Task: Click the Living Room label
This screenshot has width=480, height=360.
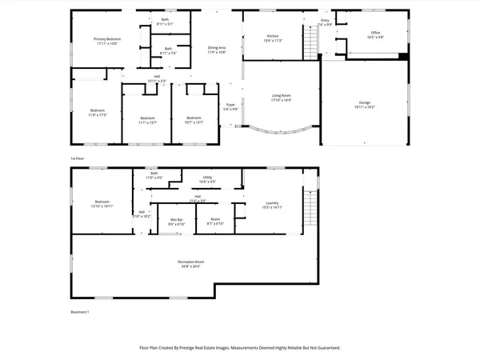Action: click(x=281, y=95)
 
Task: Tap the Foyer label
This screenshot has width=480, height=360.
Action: click(x=230, y=104)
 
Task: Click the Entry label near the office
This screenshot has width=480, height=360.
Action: click(x=325, y=20)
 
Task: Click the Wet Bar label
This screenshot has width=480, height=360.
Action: click(x=176, y=219)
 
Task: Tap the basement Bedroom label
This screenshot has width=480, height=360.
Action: click(x=102, y=202)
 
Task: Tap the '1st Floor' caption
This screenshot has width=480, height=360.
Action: click(x=78, y=158)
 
